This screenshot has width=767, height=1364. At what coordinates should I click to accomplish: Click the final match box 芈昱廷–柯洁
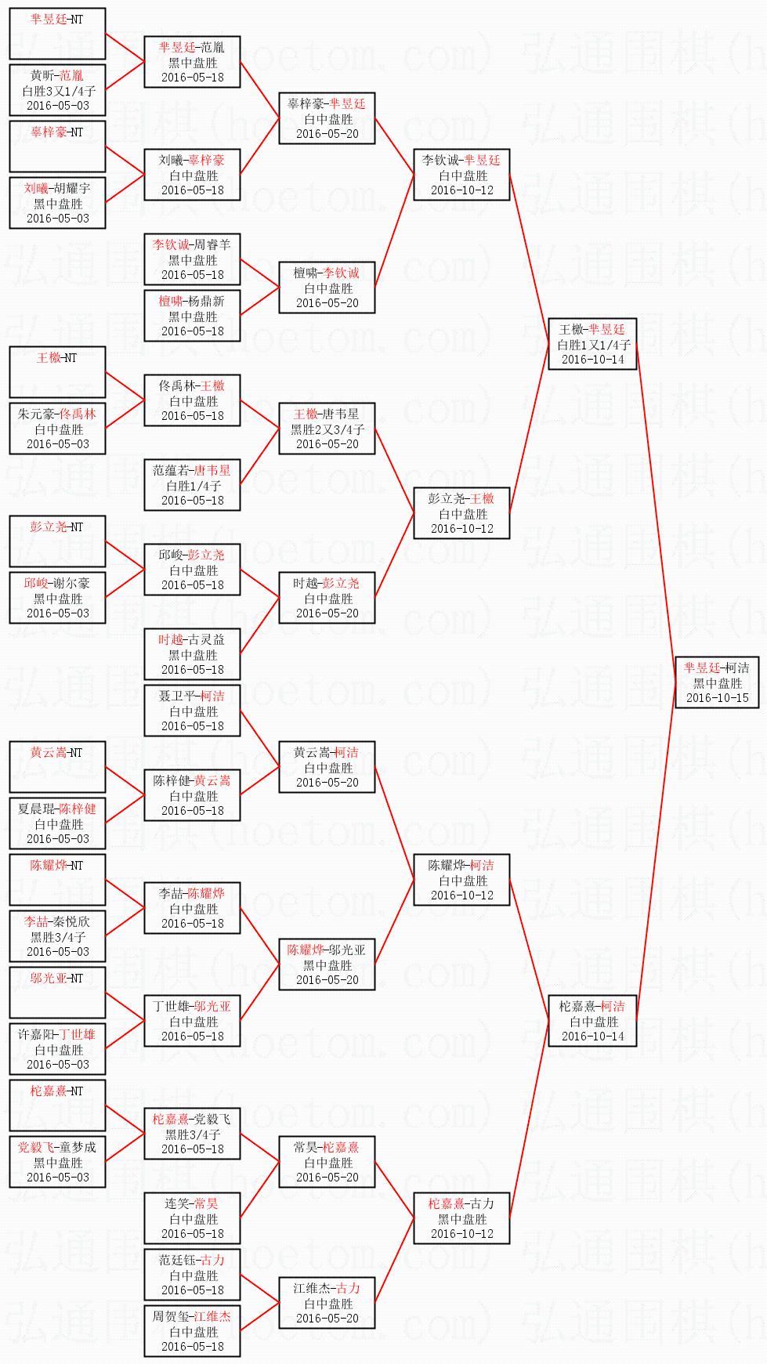717,682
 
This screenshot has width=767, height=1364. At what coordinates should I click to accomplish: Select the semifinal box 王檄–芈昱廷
593,344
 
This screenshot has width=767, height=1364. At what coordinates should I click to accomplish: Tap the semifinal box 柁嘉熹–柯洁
593,1021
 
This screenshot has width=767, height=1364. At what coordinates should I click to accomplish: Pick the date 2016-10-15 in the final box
717,697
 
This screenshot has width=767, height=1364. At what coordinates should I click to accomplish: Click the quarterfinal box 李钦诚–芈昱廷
462,175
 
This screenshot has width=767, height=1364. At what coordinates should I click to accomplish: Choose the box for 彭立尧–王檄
462,513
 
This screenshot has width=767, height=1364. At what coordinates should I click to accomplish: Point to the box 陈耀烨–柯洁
462,880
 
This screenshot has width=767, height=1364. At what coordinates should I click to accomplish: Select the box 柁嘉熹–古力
462,1218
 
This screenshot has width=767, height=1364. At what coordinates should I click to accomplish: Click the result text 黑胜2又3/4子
327,429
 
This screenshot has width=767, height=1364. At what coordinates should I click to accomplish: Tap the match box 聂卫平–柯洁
192,711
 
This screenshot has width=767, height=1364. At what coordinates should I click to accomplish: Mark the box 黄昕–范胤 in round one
57,90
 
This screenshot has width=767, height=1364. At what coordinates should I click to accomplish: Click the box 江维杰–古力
327,1303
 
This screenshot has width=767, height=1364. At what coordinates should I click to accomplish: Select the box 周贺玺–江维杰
192,1331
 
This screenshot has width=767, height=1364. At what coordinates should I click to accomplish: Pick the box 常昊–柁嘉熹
327,1162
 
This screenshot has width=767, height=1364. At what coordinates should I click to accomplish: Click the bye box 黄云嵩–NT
57,767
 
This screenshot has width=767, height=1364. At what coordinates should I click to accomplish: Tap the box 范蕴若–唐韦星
192,485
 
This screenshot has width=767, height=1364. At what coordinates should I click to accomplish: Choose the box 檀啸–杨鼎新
192,316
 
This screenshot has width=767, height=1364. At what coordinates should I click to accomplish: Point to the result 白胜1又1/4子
593,345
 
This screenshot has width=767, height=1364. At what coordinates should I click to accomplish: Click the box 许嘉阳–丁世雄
57,1049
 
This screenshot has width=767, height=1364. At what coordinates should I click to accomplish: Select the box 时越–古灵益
192,654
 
